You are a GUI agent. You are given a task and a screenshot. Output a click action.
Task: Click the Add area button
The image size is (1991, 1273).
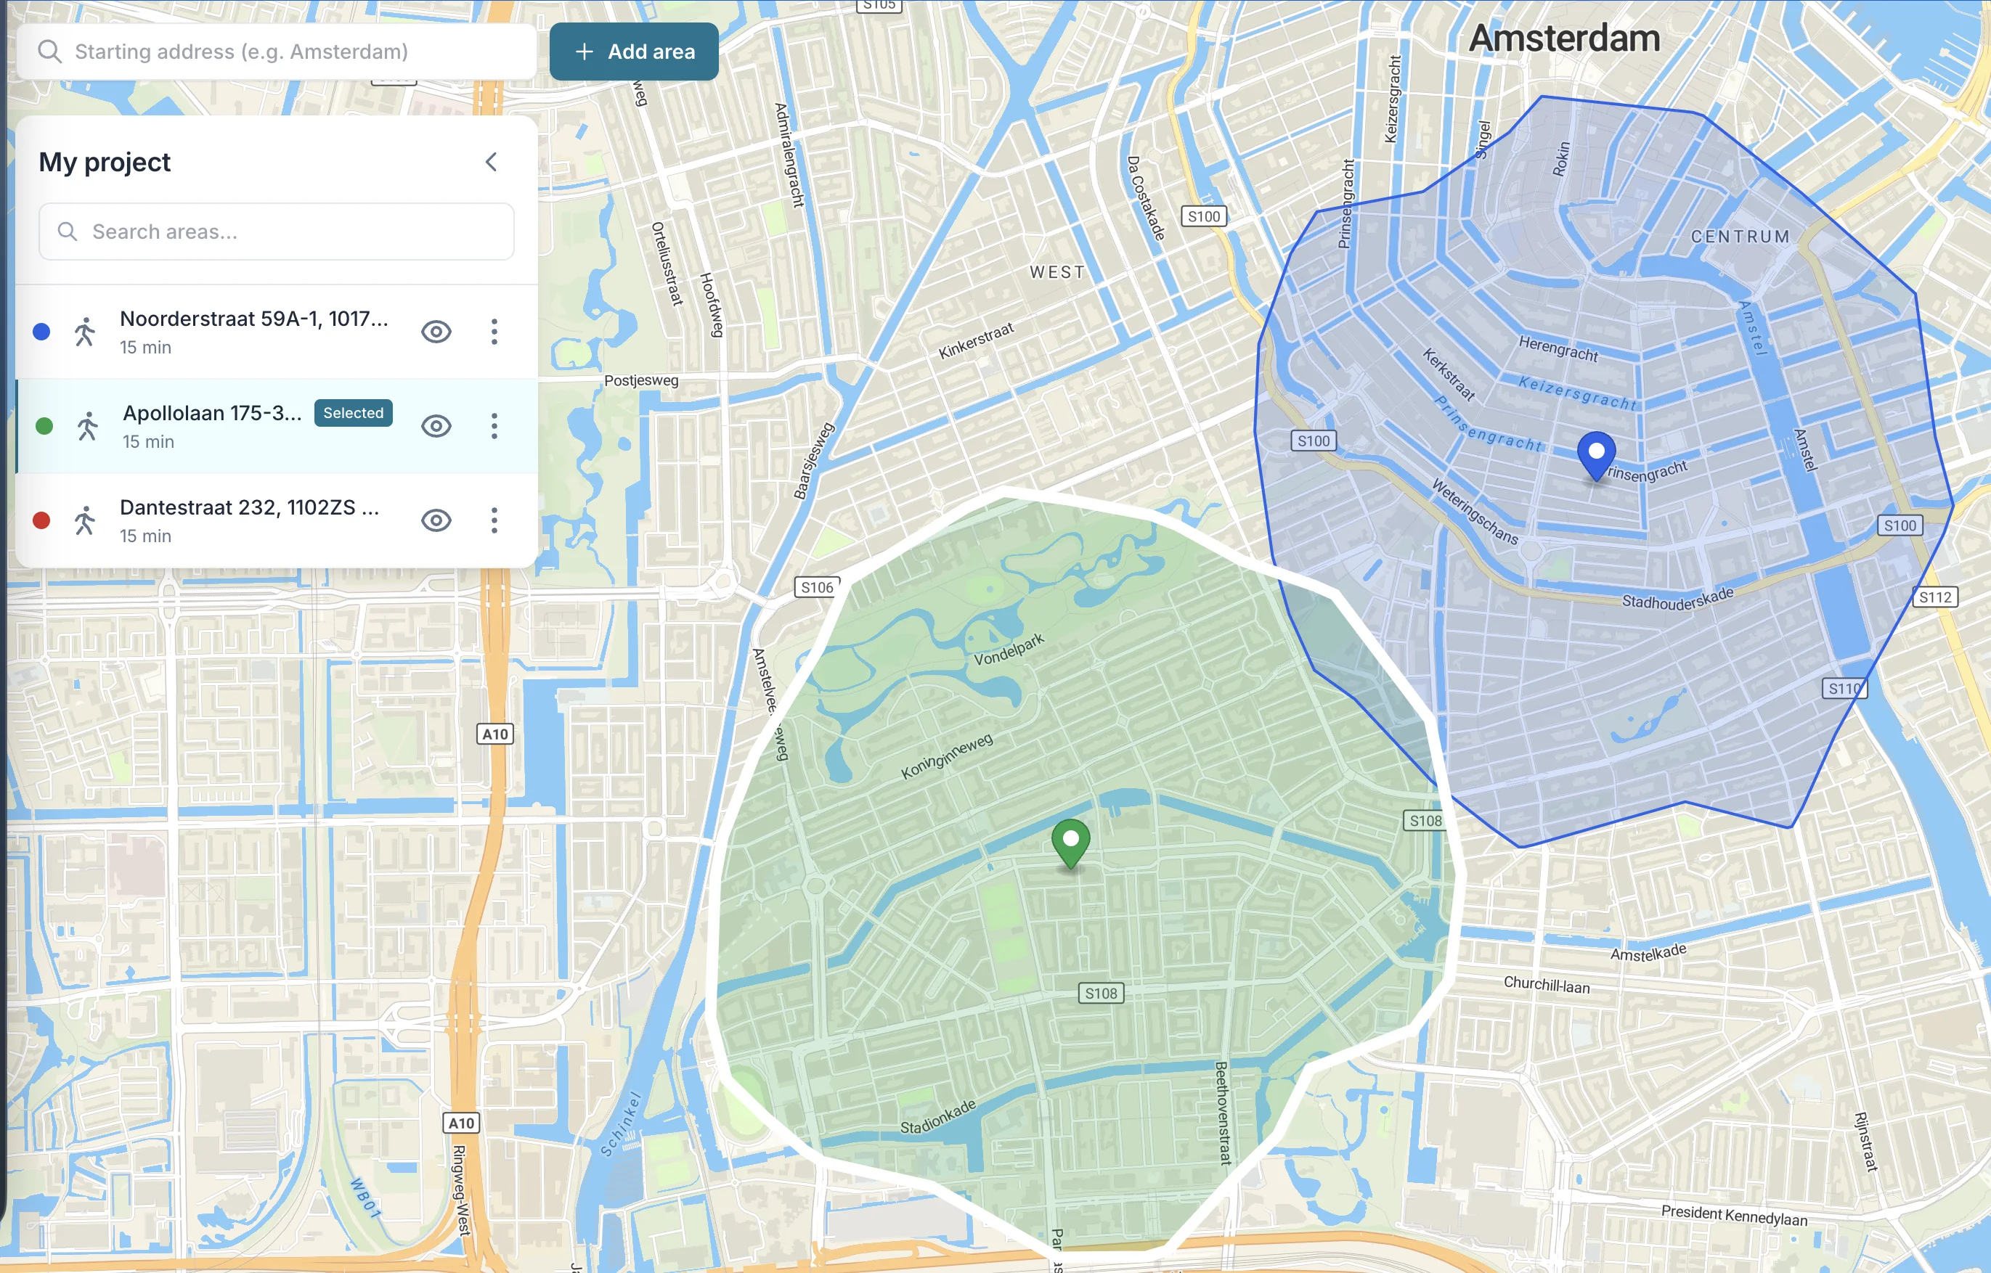click(633, 52)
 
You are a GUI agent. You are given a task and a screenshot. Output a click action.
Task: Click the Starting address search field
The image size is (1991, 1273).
click(276, 52)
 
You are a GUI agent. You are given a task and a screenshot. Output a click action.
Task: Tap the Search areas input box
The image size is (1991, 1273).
click(276, 232)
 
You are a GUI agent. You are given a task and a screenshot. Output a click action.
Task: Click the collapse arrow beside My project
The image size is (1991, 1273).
click(491, 162)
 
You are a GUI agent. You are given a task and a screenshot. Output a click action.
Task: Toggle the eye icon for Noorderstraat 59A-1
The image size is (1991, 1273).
click(436, 332)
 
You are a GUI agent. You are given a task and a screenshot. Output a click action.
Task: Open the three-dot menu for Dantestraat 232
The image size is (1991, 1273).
click(494, 520)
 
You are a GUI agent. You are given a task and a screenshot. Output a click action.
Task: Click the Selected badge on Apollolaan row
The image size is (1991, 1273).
click(353, 412)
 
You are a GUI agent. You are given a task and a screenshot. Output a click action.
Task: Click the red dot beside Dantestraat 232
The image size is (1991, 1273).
click(41, 520)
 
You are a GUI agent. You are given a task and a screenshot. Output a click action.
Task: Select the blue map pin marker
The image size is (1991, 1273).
click(1596, 453)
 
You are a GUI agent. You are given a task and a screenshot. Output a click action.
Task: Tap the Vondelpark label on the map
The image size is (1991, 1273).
click(1009, 650)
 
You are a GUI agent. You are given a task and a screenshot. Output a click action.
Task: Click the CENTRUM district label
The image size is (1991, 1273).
click(1740, 237)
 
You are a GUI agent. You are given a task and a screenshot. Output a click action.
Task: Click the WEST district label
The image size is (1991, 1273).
click(1056, 272)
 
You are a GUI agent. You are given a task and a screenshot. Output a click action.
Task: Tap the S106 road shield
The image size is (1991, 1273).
click(817, 587)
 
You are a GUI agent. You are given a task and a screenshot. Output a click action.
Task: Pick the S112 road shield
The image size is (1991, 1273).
click(1935, 597)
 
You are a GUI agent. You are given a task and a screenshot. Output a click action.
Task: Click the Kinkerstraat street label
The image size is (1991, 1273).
click(976, 340)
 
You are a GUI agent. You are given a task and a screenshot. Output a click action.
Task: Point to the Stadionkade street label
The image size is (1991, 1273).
click(937, 1117)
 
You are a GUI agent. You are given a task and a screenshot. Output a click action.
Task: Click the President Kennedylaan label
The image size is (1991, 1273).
click(1734, 1215)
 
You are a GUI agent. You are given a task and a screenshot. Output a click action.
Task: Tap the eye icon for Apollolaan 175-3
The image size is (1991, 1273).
click(436, 426)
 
